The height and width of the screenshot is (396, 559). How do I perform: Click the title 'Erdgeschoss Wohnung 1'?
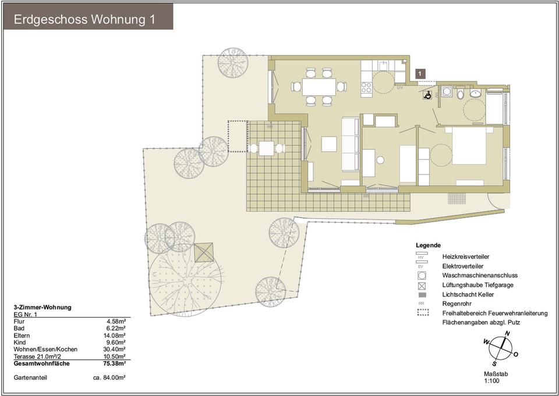point(84,19)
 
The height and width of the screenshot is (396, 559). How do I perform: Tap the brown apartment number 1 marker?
point(421,73)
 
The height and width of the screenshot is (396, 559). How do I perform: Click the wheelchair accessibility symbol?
point(428,95)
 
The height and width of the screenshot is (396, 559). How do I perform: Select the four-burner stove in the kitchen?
point(366,88)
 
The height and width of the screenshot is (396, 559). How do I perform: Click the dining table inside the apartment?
point(319,87)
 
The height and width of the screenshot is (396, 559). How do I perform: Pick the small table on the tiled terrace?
point(266,148)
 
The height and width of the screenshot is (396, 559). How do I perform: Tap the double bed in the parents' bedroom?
point(469,146)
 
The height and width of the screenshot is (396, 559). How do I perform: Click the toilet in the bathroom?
point(460,93)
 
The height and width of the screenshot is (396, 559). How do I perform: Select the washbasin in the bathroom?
point(476,93)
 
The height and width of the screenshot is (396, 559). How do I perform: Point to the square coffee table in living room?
point(329,144)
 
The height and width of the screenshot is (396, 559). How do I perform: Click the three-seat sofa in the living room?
point(350,144)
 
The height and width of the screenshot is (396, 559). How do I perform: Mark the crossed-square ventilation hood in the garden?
point(204,252)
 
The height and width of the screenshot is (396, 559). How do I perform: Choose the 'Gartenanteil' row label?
point(30,377)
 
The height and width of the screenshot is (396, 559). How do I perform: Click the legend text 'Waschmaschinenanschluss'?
point(479,276)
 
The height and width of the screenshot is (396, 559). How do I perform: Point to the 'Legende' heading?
point(428,245)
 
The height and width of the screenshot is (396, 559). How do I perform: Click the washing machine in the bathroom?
point(447,91)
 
